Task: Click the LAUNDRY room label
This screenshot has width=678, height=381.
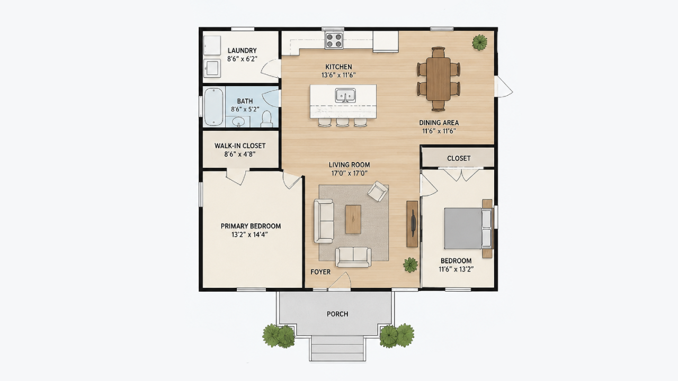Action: click(x=242, y=50)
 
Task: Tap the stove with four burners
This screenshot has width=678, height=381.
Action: click(x=334, y=40)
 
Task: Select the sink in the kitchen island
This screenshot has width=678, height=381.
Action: click(x=345, y=96)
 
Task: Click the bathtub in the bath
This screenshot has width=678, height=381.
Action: click(x=213, y=107)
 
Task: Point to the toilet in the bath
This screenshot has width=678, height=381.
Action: click(x=266, y=119)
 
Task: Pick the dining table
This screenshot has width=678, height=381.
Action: click(x=438, y=79)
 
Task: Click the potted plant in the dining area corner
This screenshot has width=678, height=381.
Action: click(x=480, y=42)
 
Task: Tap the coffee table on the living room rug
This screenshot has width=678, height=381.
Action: click(x=353, y=219)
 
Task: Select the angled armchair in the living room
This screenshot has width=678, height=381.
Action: click(x=378, y=191)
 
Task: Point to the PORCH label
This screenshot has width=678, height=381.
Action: click(x=337, y=314)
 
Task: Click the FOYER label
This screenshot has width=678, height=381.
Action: click(x=320, y=272)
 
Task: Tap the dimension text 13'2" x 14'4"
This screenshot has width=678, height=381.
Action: click(x=249, y=234)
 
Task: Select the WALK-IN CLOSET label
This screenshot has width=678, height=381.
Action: click(x=240, y=146)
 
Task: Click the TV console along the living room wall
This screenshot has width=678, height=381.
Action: click(x=412, y=224)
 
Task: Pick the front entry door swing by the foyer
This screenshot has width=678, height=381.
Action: click(x=341, y=281)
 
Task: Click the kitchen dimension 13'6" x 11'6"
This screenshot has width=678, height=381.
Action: click(x=338, y=75)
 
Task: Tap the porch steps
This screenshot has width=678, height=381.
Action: click(x=337, y=348)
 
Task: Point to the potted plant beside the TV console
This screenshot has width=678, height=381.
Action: click(x=411, y=265)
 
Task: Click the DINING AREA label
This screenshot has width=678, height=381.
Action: click(x=439, y=123)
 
